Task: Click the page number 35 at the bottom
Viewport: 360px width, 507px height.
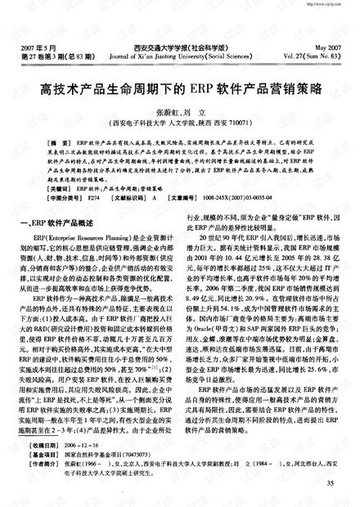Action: click(331, 485)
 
